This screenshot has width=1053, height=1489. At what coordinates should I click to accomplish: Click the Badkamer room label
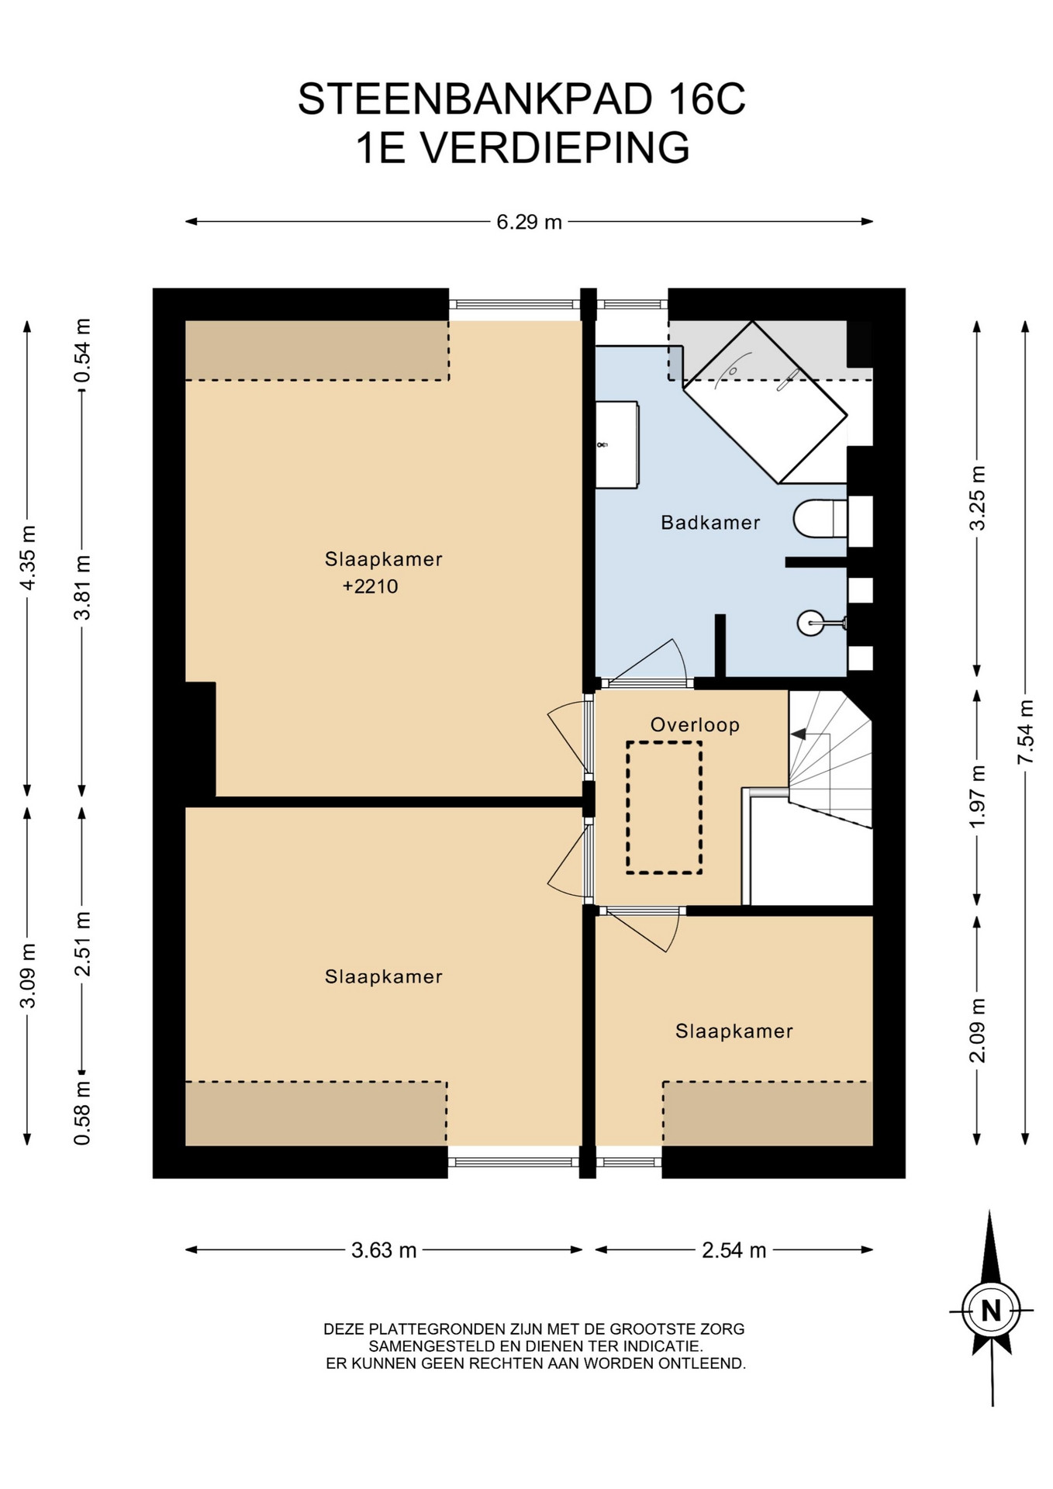710,523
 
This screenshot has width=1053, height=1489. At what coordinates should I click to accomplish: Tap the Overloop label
695,725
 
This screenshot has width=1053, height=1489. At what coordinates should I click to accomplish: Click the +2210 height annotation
371,586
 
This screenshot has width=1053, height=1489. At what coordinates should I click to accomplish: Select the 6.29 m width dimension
529,222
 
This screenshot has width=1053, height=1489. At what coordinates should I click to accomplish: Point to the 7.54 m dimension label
1025,731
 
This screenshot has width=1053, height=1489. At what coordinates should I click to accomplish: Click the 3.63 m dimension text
384,1250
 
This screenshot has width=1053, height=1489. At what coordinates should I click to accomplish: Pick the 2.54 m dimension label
734,1250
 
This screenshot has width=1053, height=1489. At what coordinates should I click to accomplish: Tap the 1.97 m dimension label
977,796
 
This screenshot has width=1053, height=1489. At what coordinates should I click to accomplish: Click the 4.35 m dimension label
28,558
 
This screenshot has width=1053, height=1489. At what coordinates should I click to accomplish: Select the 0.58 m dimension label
82,1114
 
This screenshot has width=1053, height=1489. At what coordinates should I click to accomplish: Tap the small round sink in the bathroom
811,623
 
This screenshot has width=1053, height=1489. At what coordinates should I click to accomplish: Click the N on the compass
991,1311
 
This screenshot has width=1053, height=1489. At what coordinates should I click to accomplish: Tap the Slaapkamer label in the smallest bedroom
734,1031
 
